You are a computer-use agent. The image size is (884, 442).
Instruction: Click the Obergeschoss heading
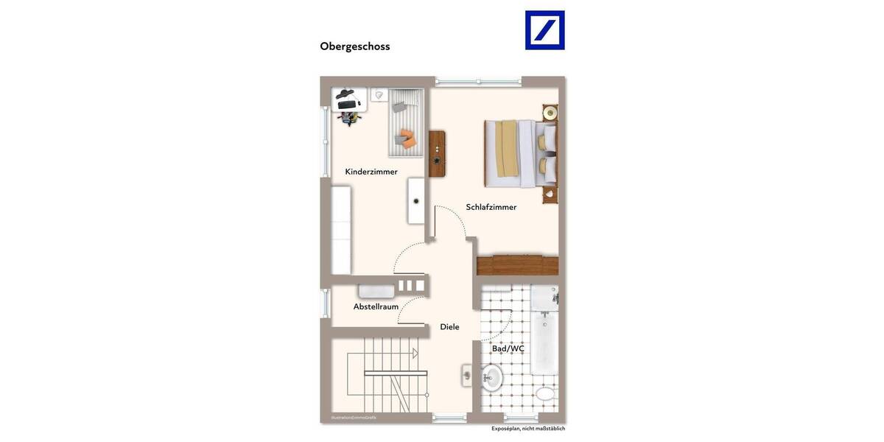point(354,46)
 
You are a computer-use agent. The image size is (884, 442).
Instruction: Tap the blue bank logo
point(544,30)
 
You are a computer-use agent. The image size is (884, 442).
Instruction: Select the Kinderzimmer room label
point(371,172)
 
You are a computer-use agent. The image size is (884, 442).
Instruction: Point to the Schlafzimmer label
point(491,207)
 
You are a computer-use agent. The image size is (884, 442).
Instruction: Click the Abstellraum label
point(376,306)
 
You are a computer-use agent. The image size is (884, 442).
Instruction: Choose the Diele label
point(449,326)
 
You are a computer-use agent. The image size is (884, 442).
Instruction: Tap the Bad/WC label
point(508,348)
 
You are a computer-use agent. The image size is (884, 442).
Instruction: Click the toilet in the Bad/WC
point(545,393)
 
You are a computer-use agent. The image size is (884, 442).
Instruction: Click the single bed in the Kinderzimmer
point(406,122)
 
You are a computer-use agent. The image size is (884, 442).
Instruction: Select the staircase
point(379,376)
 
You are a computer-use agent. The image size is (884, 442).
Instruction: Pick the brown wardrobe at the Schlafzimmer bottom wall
point(517,265)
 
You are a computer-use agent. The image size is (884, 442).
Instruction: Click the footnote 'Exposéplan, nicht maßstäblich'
point(528,428)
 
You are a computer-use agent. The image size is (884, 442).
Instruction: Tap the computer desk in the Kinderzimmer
point(348,98)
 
